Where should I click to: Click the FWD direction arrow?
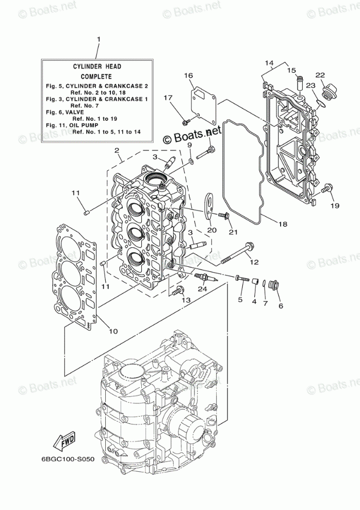(62, 442)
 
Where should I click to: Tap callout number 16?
(188, 75)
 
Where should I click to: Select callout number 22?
(320, 75)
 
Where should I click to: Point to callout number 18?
(282, 224)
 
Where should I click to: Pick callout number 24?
(202, 289)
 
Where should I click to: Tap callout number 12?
(254, 262)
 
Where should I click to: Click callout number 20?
(211, 230)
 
